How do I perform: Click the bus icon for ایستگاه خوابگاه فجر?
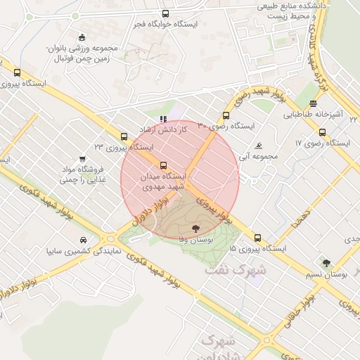click(165, 13)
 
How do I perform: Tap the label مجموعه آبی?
click(259, 156)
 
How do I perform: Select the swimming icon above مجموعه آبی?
click(259, 146)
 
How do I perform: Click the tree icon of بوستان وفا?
click(195, 229)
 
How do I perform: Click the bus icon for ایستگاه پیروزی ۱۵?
click(257, 238)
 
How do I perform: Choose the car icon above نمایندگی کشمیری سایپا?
click(84, 239)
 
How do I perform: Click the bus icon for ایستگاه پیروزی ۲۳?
click(124, 136)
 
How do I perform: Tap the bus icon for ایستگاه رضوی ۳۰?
click(226, 115)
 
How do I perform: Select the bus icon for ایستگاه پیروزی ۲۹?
click(17, 72)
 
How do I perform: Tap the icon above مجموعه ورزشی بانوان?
click(82, 37)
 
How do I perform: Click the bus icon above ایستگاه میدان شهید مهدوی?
click(164, 166)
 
